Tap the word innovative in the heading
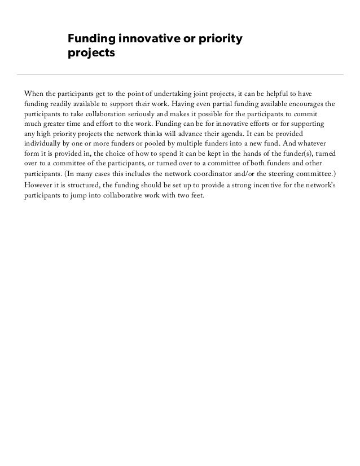(151, 39)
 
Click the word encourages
(306, 104)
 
